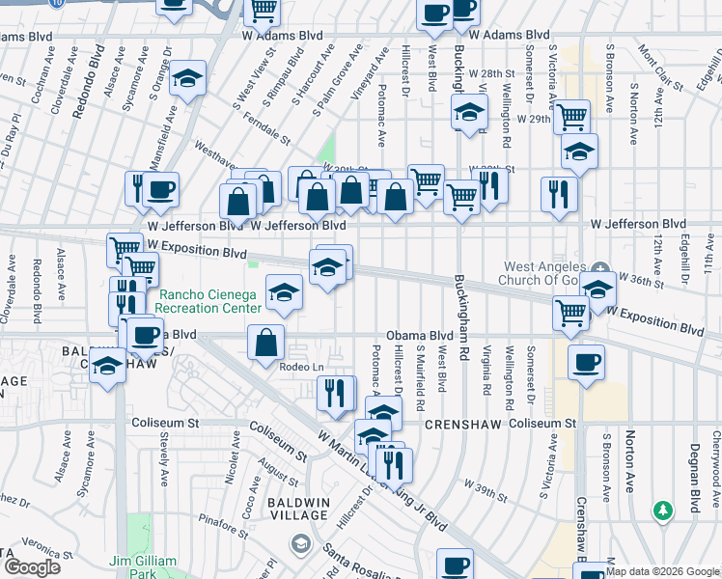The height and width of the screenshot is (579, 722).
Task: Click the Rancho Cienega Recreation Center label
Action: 209,301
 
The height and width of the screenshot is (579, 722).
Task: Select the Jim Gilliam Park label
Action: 143,567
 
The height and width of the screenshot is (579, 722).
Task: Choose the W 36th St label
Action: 642,282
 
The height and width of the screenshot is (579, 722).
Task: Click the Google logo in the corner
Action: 31,567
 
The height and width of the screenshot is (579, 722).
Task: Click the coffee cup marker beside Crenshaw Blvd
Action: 586,363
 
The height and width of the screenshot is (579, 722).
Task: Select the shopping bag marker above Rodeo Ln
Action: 266,342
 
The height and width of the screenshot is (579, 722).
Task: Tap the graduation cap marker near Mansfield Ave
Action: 188,79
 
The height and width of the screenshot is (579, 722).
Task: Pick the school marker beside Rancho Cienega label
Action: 284,294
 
